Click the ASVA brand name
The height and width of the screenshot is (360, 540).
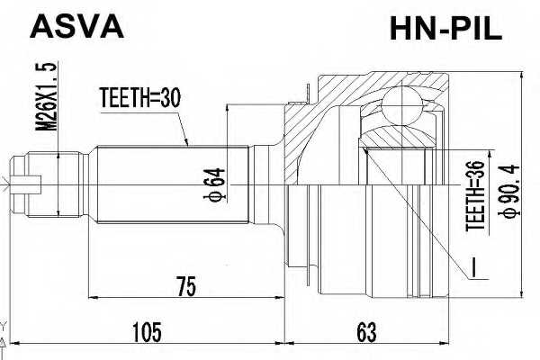(x=76, y=26)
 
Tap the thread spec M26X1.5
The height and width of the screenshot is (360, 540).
(x=50, y=99)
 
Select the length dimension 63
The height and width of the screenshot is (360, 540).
(x=364, y=333)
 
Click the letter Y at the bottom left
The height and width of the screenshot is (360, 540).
(x=4, y=326)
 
